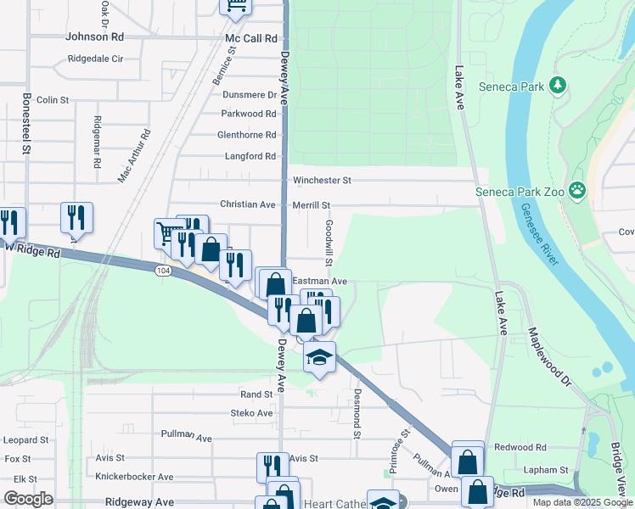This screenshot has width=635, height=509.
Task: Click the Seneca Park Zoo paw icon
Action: click(x=578, y=190)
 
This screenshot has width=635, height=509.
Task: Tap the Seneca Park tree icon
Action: click(x=557, y=85)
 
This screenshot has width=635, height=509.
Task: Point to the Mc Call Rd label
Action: click(x=251, y=38)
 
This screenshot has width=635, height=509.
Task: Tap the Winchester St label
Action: click(x=322, y=181)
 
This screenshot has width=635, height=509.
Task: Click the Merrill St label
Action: click(x=311, y=205)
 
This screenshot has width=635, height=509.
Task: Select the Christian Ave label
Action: click(x=248, y=205)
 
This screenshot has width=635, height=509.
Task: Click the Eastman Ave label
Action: click(x=320, y=281)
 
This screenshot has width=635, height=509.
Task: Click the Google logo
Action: click(x=28, y=499)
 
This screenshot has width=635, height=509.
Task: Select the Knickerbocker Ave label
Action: click(x=134, y=477)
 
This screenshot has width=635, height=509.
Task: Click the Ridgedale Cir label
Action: click(x=101, y=59)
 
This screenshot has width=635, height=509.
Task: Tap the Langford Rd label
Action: click(x=250, y=156)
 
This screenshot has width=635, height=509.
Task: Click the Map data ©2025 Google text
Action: click(x=582, y=502)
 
